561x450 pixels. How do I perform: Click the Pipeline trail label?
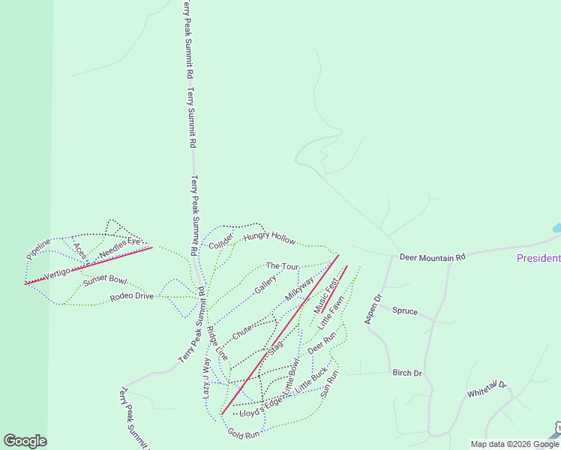[x=38, y=249]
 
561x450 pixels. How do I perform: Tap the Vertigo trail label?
[x=56, y=274]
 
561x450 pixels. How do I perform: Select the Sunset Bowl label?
[x=105, y=280]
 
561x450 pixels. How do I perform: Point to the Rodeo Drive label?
[x=131, y=296]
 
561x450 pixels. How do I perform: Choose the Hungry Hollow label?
[x=269, y=238]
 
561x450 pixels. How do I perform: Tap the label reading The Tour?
[x=283, y=266]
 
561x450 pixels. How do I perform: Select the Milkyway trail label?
[x=298, y=289]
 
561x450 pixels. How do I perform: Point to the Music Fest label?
[x=326, y=297]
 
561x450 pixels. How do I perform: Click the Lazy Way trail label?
[x=207, y=376]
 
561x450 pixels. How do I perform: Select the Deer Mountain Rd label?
[x=432, y=257]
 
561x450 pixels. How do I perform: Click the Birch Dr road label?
[x=407, y=373]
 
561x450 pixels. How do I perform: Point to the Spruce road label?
[x=405, y=310]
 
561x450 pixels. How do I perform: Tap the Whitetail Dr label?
[x=487, y=390]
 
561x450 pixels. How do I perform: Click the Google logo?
[x=25, y=441]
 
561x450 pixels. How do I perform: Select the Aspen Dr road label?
[x=373, y=310]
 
